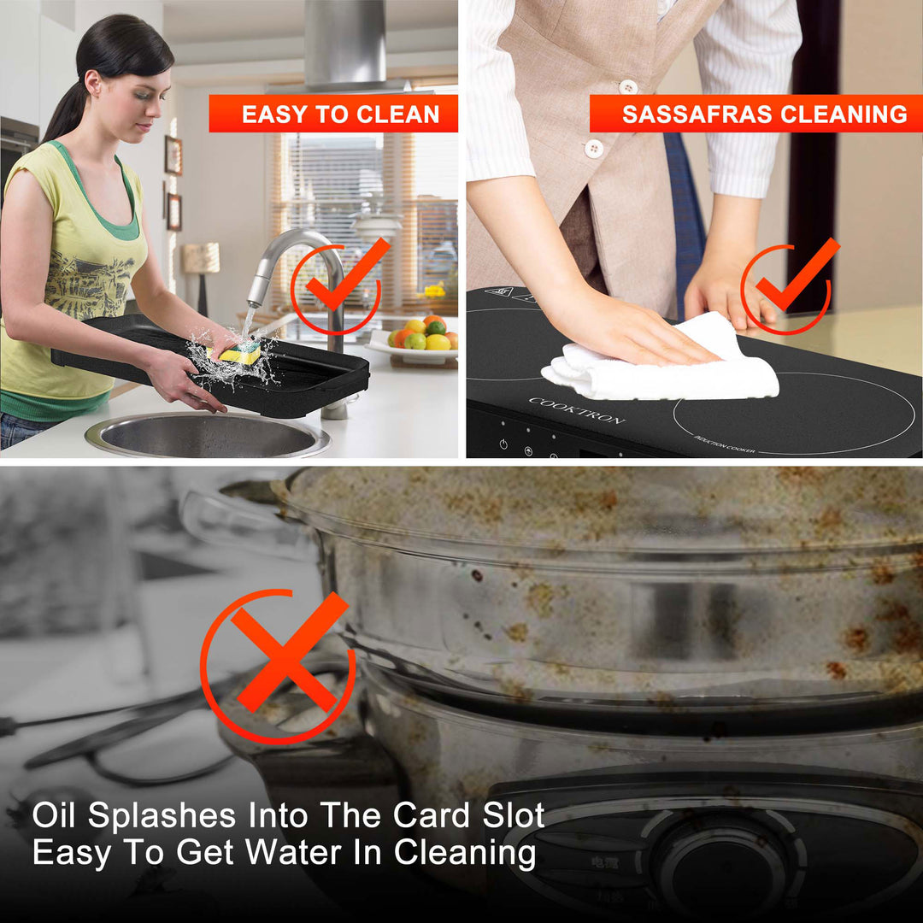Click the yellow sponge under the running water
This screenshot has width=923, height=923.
236,352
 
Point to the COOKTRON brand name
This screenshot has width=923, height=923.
576,410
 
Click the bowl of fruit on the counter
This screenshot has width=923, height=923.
423,337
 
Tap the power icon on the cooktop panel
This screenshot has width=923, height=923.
503,444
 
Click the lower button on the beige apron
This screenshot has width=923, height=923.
592,148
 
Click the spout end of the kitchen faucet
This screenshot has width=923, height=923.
255,299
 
